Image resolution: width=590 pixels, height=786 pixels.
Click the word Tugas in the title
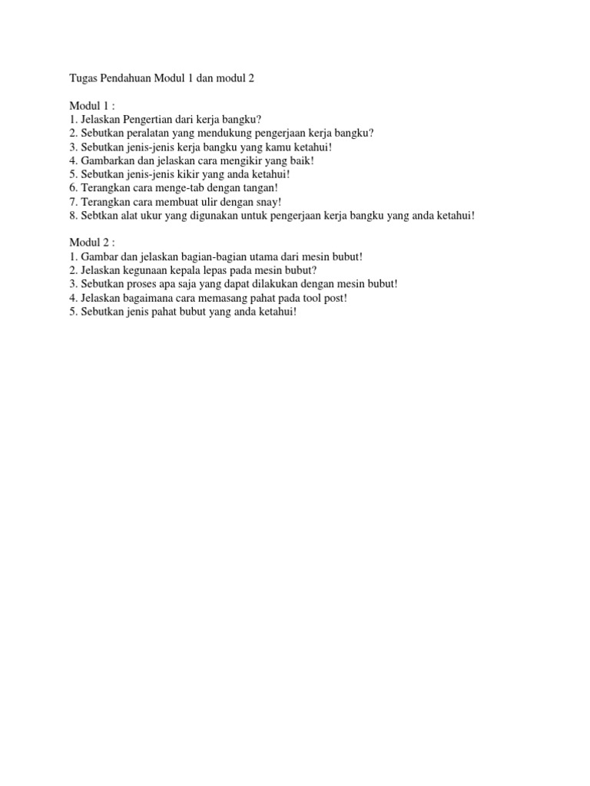(84, 78)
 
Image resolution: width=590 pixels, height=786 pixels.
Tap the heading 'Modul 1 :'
(92, 105)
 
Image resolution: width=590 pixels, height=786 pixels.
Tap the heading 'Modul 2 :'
(92, 243)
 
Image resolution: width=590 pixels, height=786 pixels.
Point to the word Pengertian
(148, 119)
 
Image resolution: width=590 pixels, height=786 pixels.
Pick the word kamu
(263, 147)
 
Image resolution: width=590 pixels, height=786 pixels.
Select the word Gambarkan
(105, 160)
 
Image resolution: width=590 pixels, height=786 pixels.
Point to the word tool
(314, 298)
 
